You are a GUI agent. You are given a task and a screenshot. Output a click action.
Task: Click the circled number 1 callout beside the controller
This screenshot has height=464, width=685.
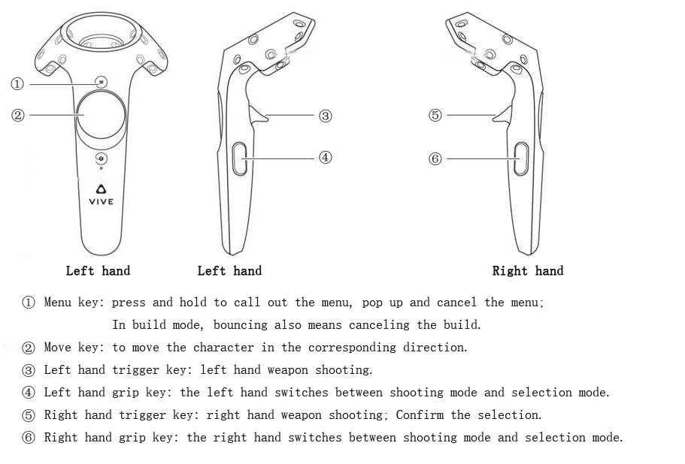pos(17,84)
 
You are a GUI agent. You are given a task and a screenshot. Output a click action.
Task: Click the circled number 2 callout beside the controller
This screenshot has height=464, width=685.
pos(17,115)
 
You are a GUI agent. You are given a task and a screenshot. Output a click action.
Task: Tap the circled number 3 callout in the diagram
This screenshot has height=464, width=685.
pos(325,116)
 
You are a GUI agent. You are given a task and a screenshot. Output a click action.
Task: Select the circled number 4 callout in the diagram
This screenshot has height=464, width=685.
pos(325,158)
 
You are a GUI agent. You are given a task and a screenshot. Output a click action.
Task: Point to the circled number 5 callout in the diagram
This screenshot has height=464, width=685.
pos(435,116)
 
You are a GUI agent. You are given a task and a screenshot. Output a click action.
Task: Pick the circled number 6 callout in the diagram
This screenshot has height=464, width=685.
pos(435,159)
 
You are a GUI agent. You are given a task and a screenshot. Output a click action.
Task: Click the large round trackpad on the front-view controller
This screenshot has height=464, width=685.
pos(102,116)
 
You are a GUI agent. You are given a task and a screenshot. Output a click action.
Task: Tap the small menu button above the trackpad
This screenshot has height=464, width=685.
pos(102,81)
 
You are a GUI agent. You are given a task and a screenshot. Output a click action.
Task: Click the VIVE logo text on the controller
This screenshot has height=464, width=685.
pos(102,201)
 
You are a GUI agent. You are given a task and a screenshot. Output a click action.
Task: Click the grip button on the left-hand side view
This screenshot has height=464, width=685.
pos(240,159)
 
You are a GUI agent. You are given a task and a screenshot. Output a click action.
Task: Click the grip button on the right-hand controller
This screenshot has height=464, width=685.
pos(520,159)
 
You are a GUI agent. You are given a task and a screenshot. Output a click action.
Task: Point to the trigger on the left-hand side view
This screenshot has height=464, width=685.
pos(259,115)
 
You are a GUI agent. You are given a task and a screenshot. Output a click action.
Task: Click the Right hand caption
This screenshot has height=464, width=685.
pos(527,271)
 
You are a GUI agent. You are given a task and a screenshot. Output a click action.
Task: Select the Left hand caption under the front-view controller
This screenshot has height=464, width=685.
pos(98,271)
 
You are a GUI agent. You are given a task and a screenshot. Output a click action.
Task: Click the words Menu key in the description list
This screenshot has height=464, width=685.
pos(74,303)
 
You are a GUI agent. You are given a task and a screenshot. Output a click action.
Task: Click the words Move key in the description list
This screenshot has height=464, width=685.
pos(74,348)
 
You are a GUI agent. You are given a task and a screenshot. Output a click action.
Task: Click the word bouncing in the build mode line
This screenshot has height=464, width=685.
pos(243,325)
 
